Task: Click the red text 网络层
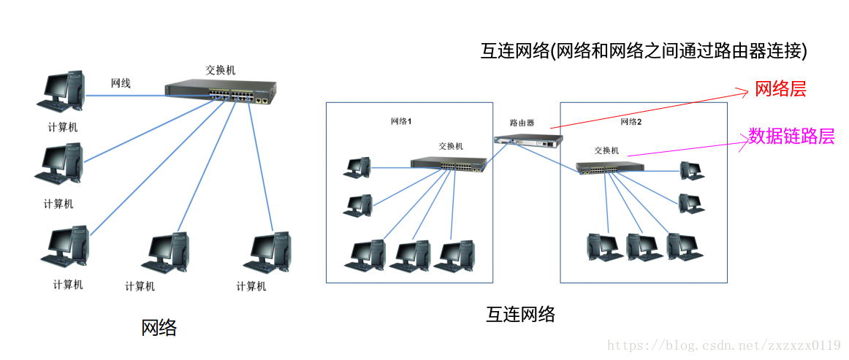click(x=780, y=90)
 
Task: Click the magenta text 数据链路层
click(x=791, y=136)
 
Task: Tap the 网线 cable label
click(x=121, y=83)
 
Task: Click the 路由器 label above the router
click(x=522, y=123)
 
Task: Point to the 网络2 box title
click(x=631, y=122)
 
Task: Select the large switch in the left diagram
click(x=221, y=91)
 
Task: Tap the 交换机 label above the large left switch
click(x=221, y=70)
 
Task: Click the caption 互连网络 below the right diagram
click(x=520, y=315)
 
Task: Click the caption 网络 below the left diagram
click(x=159, y=328)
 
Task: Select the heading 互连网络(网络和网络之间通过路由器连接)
click(x=644, y=50)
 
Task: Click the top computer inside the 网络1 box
click(x=357, y=168)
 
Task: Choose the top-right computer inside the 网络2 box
click(x=690, y=170)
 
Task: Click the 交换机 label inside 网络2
click(x=606, y=150)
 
